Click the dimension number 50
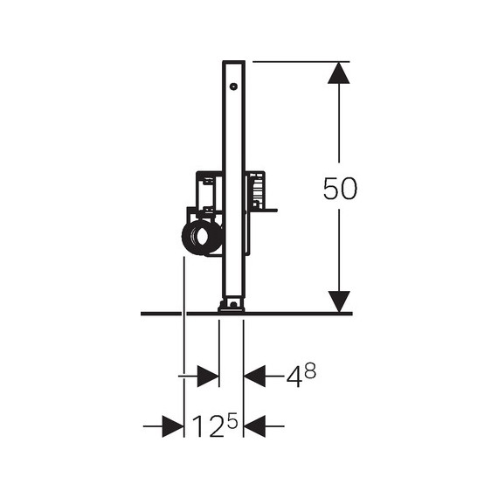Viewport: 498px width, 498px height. point(340,189)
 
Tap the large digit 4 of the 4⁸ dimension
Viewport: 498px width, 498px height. point(294,377)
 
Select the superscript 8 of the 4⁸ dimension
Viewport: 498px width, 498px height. point(310,370)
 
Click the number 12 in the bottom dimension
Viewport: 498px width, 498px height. point(208,426)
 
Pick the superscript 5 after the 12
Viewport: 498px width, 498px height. point(232,420)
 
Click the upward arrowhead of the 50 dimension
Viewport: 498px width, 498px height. point(339,73)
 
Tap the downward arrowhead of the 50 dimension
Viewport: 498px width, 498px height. point(339,301)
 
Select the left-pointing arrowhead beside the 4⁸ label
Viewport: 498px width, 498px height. point(254,376)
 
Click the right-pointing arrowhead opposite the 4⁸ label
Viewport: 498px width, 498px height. point(208,376)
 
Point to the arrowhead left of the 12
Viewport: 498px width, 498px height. point(173,426)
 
